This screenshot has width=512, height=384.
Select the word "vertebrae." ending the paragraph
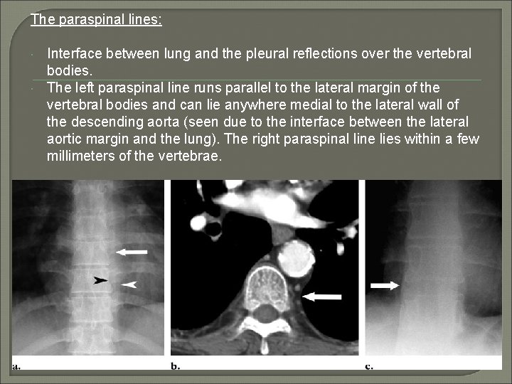pos(192,156)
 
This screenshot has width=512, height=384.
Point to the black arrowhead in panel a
pos(102,281)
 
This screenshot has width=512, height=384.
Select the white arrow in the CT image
pos(321,297)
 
